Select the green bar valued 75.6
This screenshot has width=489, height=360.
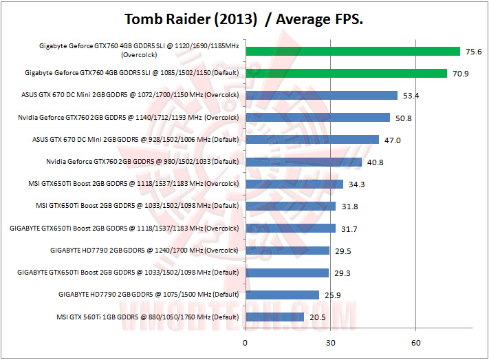tap(352, 51)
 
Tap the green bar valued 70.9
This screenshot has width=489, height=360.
tap(346, 73)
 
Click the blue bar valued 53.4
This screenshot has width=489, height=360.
tap(321, 95)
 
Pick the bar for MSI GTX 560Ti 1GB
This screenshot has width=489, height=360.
tap(274, 317)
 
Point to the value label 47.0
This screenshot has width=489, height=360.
tap(391, 140)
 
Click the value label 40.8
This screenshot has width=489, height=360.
tap(373, 162)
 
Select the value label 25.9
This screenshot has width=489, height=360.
tap(332, 295)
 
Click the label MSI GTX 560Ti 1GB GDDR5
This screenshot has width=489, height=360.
tap(149, 317)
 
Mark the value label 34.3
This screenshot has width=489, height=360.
tap(355, 184)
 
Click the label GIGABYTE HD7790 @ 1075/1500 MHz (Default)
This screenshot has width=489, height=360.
tap(149, 295)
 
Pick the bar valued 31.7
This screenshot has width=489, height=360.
tap(290, 229)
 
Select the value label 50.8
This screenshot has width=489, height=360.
tap(402, 118)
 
